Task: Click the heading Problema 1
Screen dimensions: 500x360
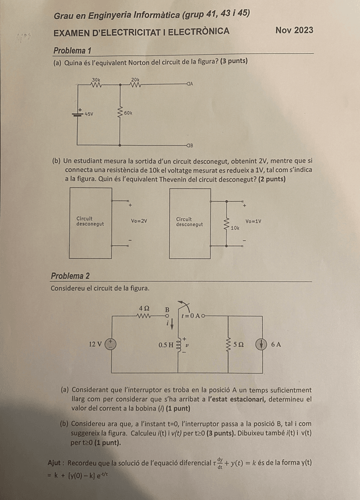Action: pyautogui.click(x=72, y=51)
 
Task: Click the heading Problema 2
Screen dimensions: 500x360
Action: pyautogui.click(x=71, y=276)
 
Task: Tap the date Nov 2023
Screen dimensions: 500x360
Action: pyautogui.click(x=294, y=30)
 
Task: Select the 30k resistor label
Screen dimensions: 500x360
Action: pyautogui.click(x=96, y=78)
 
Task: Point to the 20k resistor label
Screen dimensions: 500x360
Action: pyautogui.click(x=136, y=78)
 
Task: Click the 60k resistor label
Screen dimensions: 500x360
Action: pyautogui.click(x=128, y=112)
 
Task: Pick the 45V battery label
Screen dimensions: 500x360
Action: pyautogui.click(x=89, y=113)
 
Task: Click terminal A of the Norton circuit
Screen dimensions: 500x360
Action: pyautogui.click(x=190, y=84)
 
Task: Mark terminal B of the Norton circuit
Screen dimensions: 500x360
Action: pyautogui.click(x=190, y=144)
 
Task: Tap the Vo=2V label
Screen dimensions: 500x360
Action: pyautogui.click(x=138, y=221)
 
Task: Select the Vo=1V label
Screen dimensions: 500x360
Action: pyautogui.click(x=253, y=222)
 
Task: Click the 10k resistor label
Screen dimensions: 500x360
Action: pyautogui.click(x=235, y=227)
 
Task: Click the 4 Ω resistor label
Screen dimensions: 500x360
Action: pyautogui.click(x=144, y=308)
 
